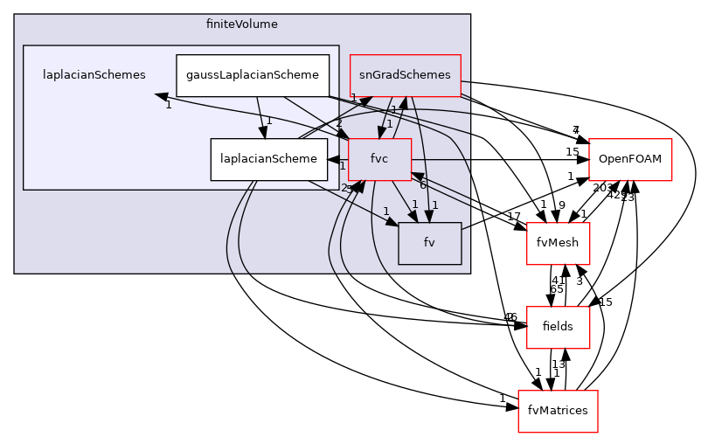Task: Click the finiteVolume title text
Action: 242,24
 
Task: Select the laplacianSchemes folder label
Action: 94,75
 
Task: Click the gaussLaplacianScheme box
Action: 253,75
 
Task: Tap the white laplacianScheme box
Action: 268,159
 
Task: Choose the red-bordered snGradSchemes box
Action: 405,75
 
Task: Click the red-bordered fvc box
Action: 379,159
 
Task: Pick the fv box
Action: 429,243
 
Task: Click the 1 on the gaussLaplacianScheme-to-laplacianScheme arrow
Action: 269,121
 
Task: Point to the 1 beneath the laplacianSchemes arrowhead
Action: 168,107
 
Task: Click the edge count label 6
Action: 422,185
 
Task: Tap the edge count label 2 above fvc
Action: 339,122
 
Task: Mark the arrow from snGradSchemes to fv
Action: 421,157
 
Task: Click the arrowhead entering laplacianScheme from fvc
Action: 333,159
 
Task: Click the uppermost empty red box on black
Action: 630,160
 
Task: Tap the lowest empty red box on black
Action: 558,411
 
